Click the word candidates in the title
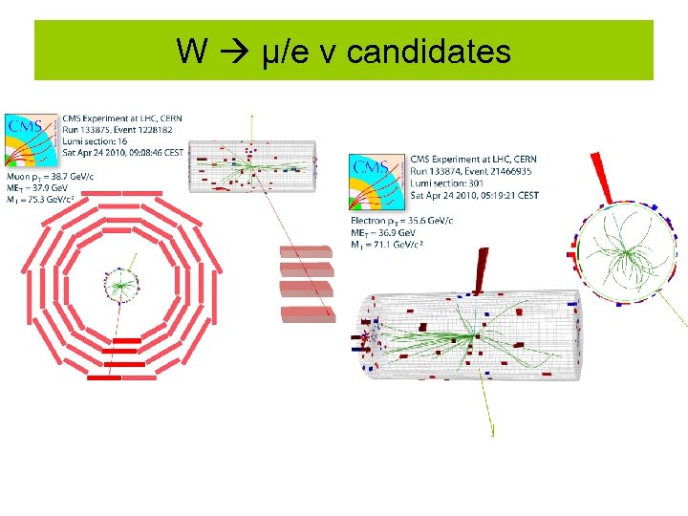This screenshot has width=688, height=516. pos(429,52)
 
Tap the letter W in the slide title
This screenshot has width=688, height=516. pos(192,52)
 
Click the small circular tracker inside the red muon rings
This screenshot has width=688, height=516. pos(120,285)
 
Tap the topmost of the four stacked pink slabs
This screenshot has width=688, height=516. pos(306,251)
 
